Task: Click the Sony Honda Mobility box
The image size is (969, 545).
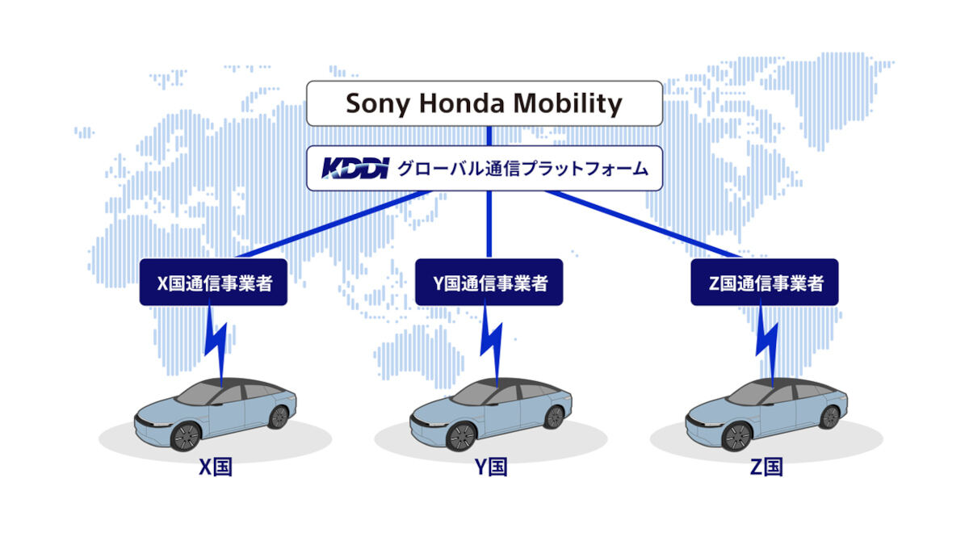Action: tap(484, 103)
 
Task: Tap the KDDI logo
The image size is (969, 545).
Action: tap(355, 168)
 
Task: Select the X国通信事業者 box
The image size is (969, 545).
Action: tap(213, 283)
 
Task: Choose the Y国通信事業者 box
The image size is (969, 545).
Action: tap(489, 283)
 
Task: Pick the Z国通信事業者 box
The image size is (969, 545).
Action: tap(765, 283)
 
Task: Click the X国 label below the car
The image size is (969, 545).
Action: tap(216, 467)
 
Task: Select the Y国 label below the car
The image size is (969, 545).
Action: tap(491, 467)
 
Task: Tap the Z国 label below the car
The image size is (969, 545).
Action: tap(766, 467)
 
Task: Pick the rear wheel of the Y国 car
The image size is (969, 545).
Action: tap(554, 417)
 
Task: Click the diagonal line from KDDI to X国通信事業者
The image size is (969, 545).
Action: tap(333, 224)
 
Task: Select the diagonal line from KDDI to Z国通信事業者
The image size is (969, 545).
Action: tap(644, 224)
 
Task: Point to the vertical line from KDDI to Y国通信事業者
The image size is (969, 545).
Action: tap(489, 224)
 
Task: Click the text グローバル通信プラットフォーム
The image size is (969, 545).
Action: tap(522, 169)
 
